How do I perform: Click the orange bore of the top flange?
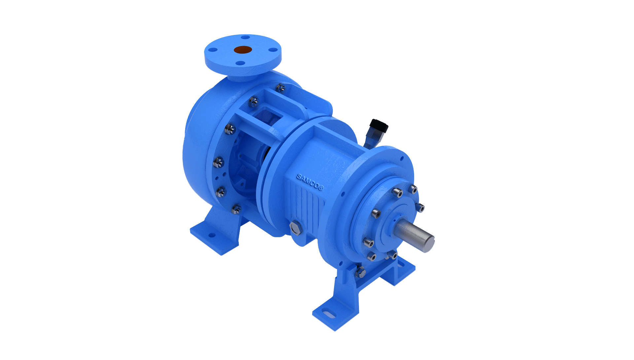pyautogui.click(x=243, y=50)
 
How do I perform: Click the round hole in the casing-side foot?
pyautogui.click(x=212, y=235)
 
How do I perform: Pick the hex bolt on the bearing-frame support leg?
pyautogui.click(x=360, y=272)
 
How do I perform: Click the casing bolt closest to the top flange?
pyautogui.click(x=281, y=88)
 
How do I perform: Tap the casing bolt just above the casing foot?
pyautogui.click(x=236, y=209)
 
